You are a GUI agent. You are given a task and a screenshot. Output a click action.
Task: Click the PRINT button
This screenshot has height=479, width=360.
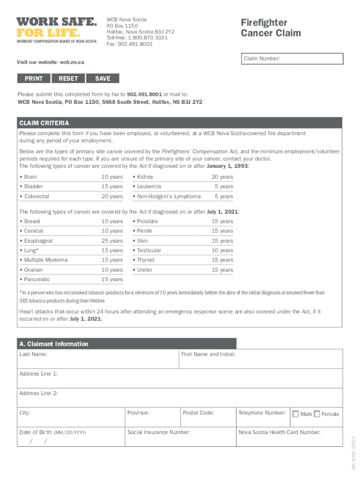(x=34, y=79)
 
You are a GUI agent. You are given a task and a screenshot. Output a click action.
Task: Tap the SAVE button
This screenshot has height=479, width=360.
(x=103, y=79)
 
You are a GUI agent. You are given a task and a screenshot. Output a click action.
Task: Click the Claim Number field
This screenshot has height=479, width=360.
(x=293, y=59)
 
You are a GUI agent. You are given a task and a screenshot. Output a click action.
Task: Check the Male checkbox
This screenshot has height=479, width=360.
(x=295, y=414)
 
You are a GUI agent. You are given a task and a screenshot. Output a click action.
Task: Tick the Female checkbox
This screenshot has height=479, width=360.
(x=317, y=414)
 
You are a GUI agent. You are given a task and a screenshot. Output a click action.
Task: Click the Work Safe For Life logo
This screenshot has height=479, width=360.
(x=57, y=29)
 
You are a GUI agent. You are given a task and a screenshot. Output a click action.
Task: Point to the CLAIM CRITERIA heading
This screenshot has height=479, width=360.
(x=44, y=123)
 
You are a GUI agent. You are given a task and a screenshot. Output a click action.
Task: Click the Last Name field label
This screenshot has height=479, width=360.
(x=33, y=355)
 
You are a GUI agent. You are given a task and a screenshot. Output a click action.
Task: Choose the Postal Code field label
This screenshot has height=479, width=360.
(x=198, y=413)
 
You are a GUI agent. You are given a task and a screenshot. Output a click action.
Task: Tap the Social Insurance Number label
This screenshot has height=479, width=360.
(x=159, y=432)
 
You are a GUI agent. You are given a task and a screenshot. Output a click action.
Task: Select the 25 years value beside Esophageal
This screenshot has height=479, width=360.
(x=112, y=241)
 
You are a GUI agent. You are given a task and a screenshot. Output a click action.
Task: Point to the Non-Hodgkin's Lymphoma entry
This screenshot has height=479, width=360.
(x=169, y=196)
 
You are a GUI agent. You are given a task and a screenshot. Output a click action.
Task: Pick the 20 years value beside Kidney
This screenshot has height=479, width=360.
(x=222, y=177)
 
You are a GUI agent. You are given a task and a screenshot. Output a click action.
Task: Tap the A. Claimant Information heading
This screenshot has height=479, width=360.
(x=53, y=344)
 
